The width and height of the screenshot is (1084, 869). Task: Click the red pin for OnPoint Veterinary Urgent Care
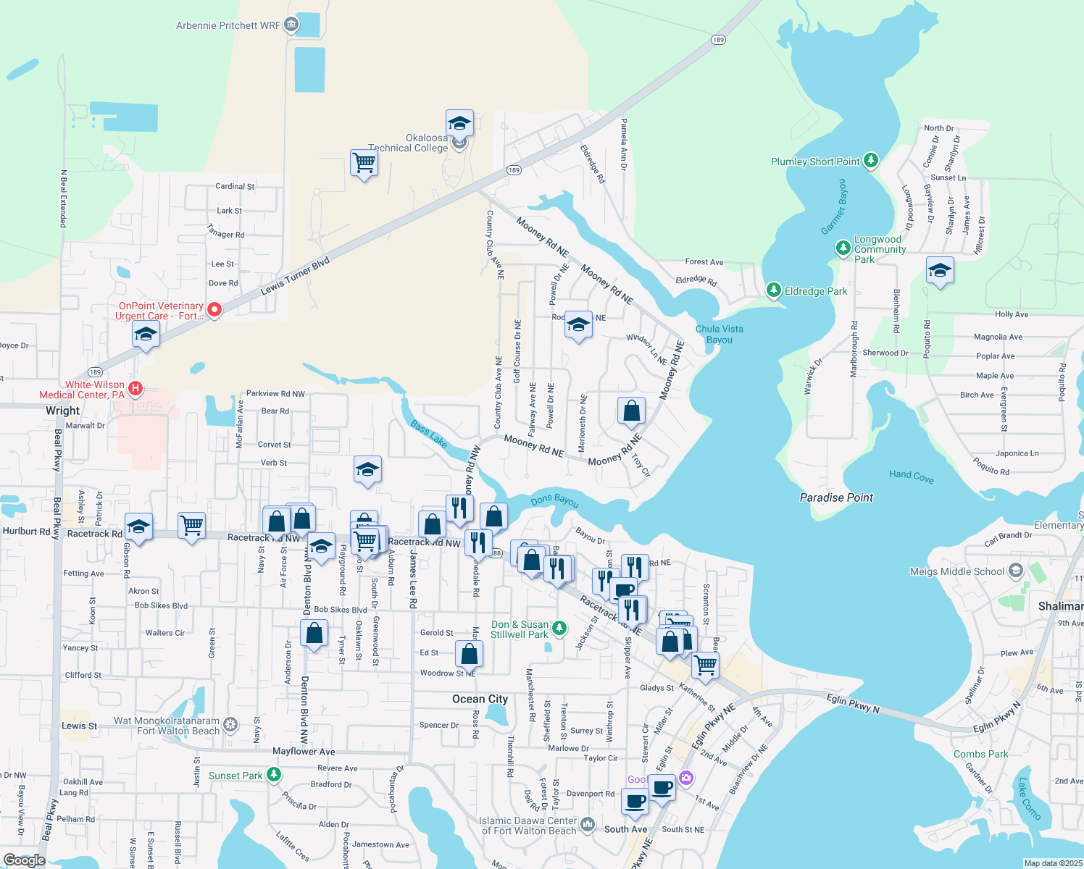214,310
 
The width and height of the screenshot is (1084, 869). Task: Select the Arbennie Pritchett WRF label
228,25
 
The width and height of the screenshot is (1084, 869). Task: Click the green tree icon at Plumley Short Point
871,161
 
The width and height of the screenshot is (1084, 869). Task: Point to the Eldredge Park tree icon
774,290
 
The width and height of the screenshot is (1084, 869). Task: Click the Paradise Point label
836,498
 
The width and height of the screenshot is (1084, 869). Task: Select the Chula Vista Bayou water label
719,334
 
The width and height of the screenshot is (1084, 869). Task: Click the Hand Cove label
911,476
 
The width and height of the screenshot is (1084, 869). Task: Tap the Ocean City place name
480,699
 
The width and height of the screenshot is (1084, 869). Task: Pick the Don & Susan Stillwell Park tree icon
559,628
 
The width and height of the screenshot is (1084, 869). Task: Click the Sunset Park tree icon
273,775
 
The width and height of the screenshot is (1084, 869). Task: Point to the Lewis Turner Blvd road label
295,276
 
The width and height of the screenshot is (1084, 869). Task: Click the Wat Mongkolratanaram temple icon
230,723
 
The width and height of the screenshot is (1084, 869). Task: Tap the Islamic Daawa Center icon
588,824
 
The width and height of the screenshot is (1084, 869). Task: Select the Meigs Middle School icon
1016,571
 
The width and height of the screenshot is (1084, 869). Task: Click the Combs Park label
980,754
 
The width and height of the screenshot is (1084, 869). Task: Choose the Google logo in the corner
24,860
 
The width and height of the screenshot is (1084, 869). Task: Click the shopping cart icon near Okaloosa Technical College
364,164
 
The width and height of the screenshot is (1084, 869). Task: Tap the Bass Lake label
428,433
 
